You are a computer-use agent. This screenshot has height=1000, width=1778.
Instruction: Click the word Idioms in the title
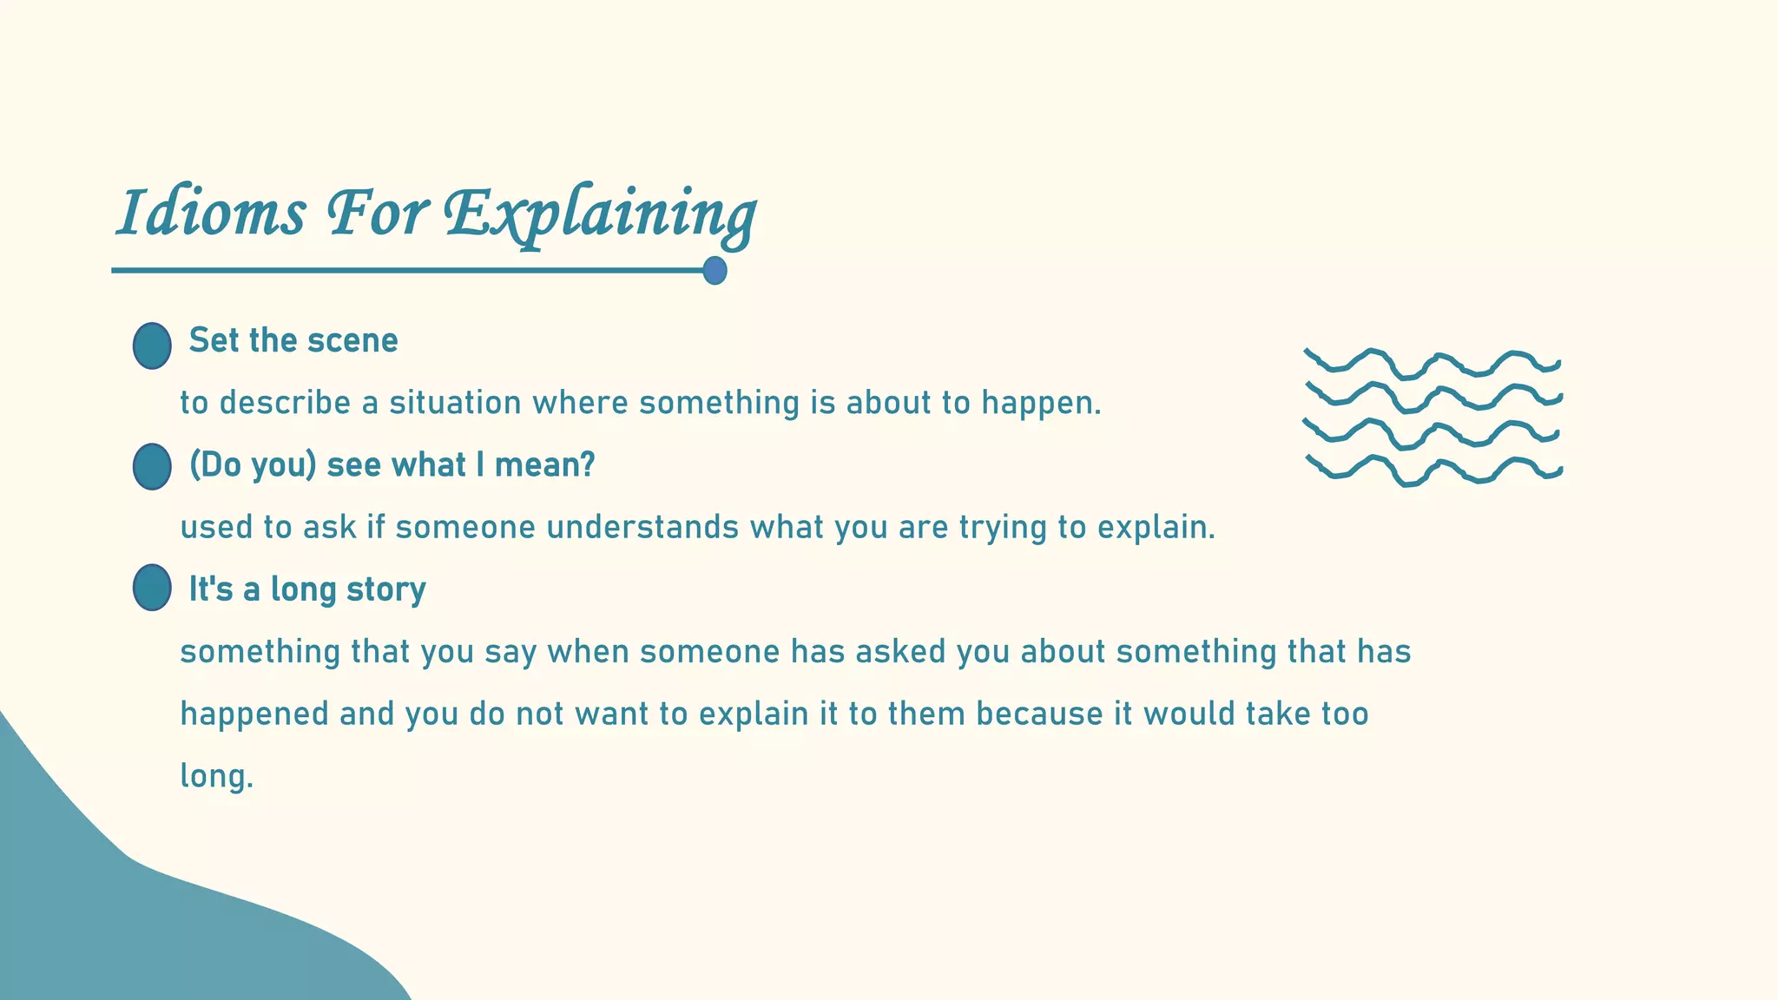pyautogui.click(x=211, y=214)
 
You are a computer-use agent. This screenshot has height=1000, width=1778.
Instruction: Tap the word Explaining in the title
pyautogui.click(x=599, y=214)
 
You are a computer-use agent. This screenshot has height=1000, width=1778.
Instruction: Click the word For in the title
pyautogui.click(x=378, y=214)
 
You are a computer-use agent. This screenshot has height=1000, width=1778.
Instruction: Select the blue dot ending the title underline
pyautogui.click(x=714, y=271)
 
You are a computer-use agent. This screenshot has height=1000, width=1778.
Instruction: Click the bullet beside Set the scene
pyautogui.click(x=152, y=345)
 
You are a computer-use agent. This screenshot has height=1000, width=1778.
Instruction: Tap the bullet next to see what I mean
pyautogui.click(x=152, y=467)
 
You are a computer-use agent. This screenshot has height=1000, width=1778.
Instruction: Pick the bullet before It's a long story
pyautogui.click(x=152, y=588)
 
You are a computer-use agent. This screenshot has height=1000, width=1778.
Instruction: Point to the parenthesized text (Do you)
pyautogui.click(x=254, y=466)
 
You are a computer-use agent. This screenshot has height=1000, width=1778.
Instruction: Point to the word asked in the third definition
pyautogui.click(x=900, y=652)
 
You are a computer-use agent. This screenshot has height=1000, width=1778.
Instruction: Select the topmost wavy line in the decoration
pyautogui.click(x=1432, y=364)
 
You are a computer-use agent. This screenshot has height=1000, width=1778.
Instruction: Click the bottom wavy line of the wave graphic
pyautogui.click(x=1432, y=471)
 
